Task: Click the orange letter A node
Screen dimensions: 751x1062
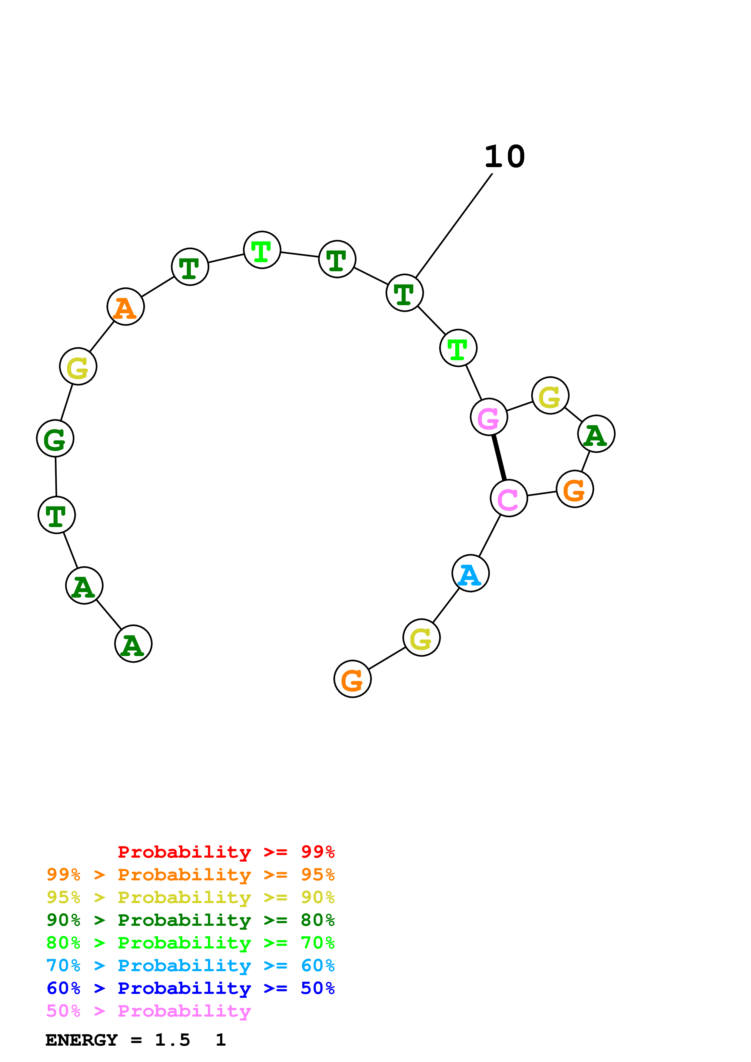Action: (x=125, y=307)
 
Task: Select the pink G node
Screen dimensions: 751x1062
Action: (x=489, y=417)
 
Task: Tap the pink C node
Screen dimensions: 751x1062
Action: (x=509, y=498)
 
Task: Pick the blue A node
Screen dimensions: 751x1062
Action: (x=470, y=573)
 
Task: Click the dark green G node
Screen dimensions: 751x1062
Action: (x=55, y=438)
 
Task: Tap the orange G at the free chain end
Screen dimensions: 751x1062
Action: (x=352, y=678)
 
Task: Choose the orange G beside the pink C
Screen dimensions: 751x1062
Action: (x=575, y=489)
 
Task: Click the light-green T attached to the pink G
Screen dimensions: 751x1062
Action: (x=458, y=348)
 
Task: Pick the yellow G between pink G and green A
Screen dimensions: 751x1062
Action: (x=550, y=395)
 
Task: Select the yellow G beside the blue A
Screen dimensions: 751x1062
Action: (x=421, y=637)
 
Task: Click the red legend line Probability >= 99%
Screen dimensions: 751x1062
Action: (x=226, y=852)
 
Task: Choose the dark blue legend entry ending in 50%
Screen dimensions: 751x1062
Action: (x=190, y=988)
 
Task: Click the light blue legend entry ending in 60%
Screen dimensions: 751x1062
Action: (x=190, y=965)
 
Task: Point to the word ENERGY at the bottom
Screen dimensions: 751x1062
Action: (x=81, y=1040)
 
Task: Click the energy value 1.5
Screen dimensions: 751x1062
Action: (x=172, y=1040)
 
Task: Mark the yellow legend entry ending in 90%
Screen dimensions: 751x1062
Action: (x=190, y=897)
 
